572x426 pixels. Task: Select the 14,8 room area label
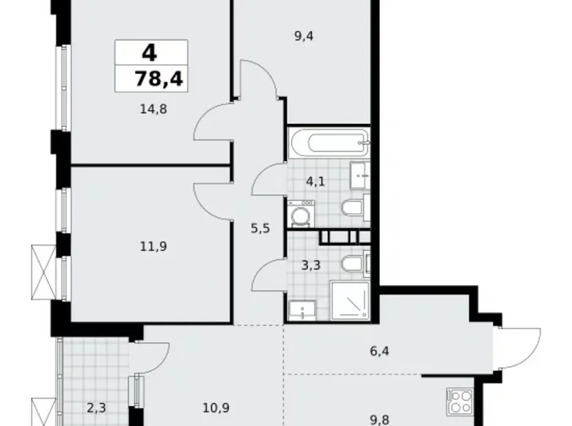(x=152, y=110)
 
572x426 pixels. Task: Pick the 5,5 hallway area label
(x=260, y=228)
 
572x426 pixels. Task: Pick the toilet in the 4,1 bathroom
(x=353, y=209)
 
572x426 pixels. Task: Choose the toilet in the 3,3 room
(x=354, y=263)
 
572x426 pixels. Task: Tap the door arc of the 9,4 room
(x=261, y=79)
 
